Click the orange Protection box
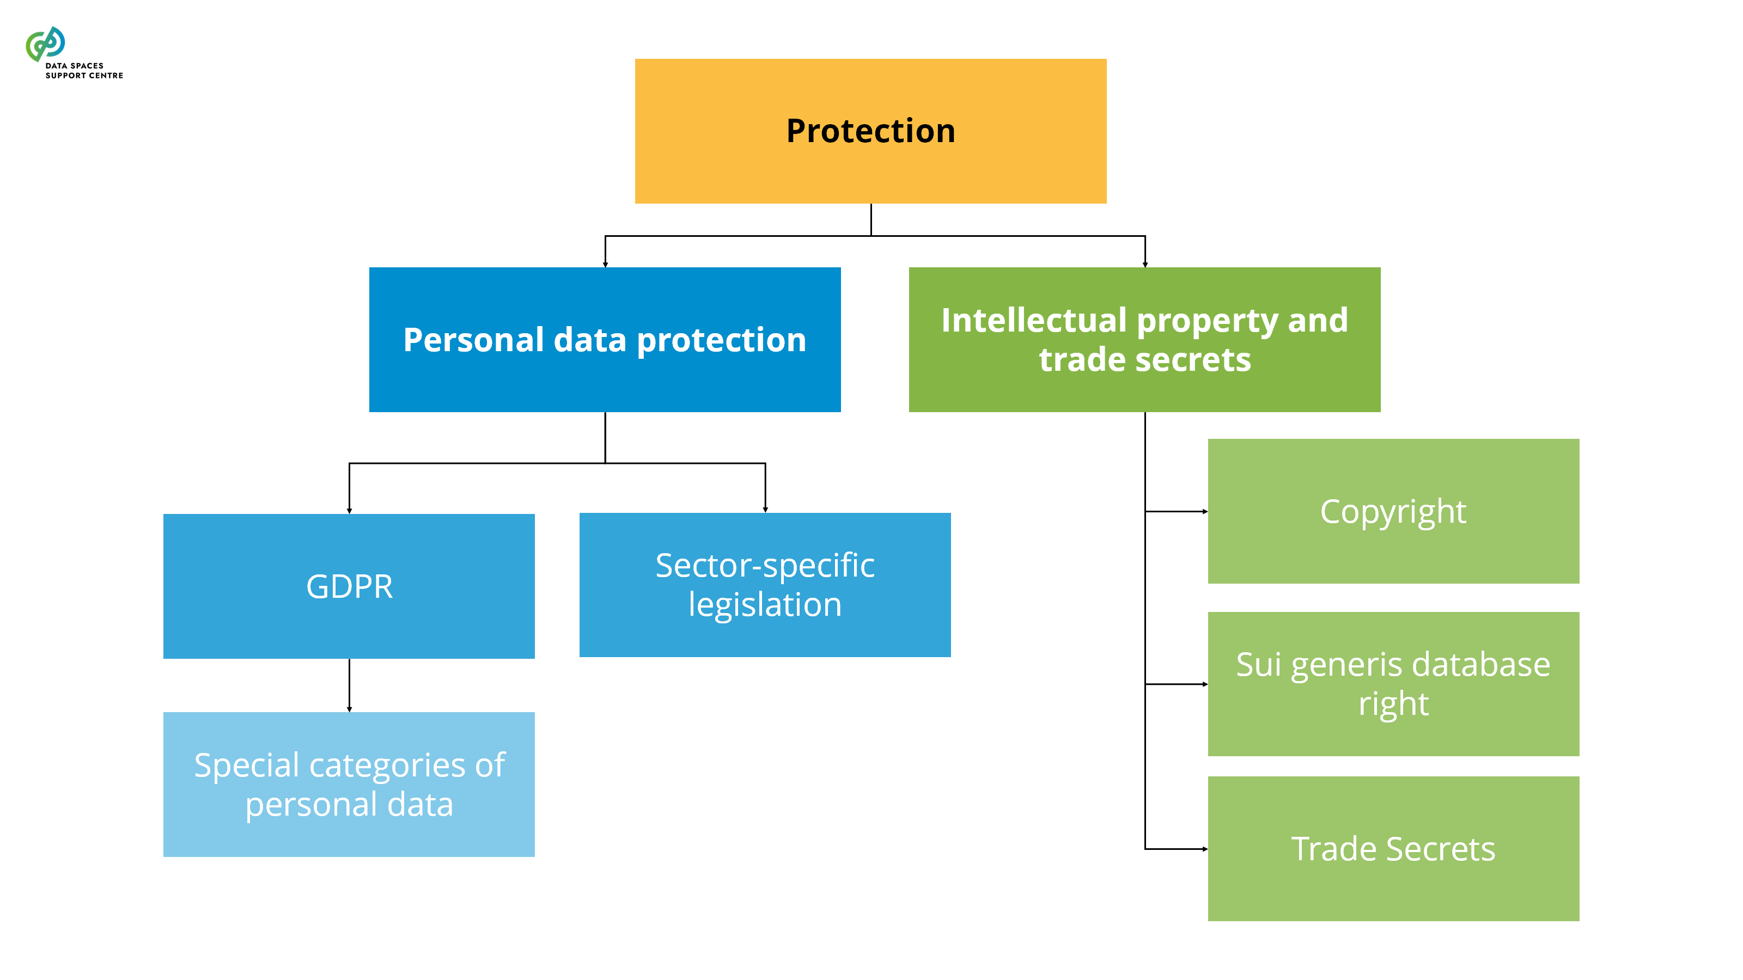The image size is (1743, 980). (870, 131)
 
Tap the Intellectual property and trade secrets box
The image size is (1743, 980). (1144, 340)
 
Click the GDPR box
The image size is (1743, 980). (349, 586)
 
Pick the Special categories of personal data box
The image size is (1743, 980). (349, 784)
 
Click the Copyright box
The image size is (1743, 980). (1393, 511)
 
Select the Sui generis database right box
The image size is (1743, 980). (1393, 684)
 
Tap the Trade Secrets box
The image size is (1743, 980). (1393, 848)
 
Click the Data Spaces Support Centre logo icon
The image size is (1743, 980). (45, 44)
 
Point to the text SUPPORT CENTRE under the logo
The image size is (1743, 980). (84, 76)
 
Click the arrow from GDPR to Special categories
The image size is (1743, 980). (349, 684)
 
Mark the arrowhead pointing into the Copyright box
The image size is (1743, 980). (1204, 511)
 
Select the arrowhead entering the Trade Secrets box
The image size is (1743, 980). (1204, 849)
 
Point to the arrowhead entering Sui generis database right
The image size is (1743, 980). (1204, 684)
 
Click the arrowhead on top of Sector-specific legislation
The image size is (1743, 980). (765, 509)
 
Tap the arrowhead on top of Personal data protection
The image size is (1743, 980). (605, 265)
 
